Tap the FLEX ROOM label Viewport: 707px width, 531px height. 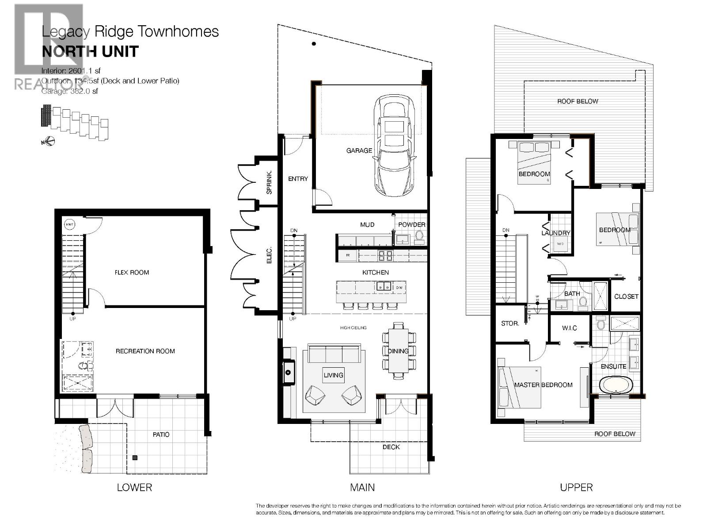click(x=132, y=273)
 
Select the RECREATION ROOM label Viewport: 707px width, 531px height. click(x=145, y=351)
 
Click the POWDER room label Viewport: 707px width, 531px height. click(x=411, y=225)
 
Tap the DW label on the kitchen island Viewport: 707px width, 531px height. click(x=399, y=288)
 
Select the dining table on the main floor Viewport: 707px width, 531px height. click(x=399, y=351)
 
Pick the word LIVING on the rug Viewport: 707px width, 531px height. click(x=333, y=375)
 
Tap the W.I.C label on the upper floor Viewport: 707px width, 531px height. click(x=569, y=328)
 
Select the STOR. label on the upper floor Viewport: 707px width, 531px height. click(x=510, y=324)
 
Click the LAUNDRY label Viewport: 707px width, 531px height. click(x=556, y=233)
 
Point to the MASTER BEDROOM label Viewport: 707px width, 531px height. click(x=543, y=385)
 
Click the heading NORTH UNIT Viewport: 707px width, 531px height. click(x=90, y=52)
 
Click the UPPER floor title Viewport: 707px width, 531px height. click(x=576, y=488)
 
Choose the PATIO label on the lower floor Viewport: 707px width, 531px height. click(x=161, y=435)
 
